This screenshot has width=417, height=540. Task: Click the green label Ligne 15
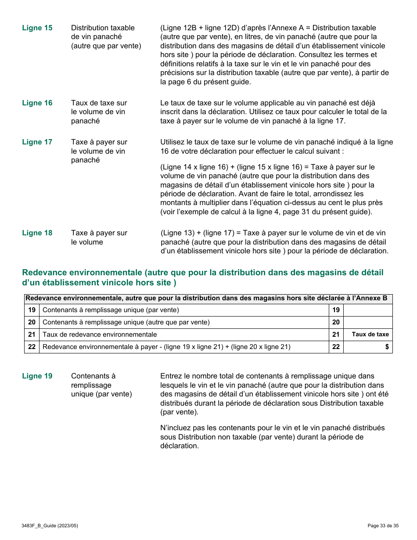[x=37, y=28]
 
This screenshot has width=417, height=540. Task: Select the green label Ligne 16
[x=37, y=103]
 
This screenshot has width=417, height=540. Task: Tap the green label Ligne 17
[x=37, y=142]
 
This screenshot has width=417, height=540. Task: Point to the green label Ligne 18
[x=37, y=233]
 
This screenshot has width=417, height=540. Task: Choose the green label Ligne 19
[x=37, y=376]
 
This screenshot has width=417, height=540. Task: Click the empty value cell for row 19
[x=367, y=310]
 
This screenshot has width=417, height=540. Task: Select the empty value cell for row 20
[x=367, y=323]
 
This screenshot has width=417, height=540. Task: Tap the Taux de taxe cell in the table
[x=370, y=335]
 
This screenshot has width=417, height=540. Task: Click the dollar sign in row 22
[x=387, y=347]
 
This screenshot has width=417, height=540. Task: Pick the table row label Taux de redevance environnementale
[x=100, y=335]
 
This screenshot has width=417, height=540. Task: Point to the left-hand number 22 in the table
[x=32, y=347]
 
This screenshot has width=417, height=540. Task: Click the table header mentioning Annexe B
[x=206, y=299]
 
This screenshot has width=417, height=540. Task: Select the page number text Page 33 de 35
[x=383, y=526]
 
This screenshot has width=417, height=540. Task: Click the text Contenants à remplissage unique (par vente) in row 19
[x=111, y=310]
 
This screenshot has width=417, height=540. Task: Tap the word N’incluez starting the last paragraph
[x=176, y=428]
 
